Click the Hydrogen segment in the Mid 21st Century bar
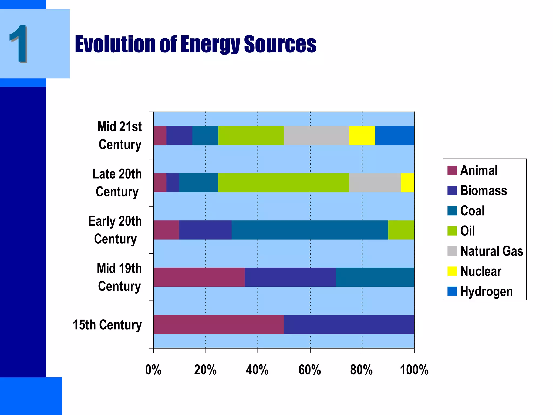click(394, 135)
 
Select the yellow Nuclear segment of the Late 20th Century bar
click(407, 183)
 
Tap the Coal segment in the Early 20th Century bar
click(310, 230)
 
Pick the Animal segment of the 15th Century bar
click(218, 324)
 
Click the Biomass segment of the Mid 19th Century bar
click(290, 277)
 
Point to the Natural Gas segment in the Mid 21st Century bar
click(316, 135)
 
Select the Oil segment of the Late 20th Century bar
click(284, 183)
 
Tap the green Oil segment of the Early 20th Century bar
click(401, 230)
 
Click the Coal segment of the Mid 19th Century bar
click(375, 277)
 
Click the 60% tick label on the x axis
click(309, 370)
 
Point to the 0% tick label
click(153, 370)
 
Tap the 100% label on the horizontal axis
click(414, 370)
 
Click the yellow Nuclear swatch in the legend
click(452, 271)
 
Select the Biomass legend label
click(483, 190)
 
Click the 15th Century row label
click(107, 325)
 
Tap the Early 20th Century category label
click(115, 230)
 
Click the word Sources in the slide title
click(280, 44)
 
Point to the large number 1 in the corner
click(18, 44)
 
